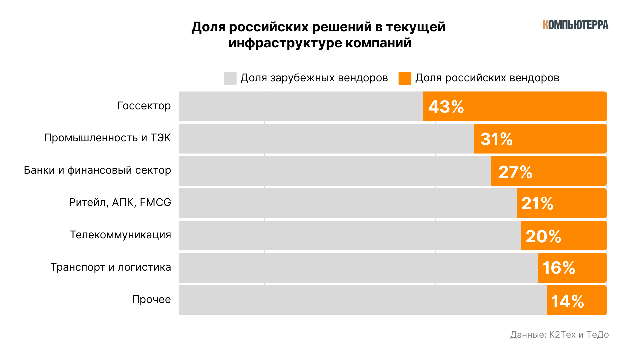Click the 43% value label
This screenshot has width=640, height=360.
[446, 107]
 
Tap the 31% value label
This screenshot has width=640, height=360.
[496, 139]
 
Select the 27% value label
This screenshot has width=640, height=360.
[515, 172]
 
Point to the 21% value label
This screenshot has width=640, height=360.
[537, 203]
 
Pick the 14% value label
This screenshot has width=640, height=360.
[567, 301]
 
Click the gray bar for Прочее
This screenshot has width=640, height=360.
[363, 300]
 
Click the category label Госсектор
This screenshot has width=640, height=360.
[144, 106]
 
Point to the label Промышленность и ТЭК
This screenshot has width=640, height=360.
[107, 138]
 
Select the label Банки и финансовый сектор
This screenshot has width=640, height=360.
[97, 170]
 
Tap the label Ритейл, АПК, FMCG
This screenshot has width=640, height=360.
[120, 202]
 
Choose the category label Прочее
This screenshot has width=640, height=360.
[151, 299]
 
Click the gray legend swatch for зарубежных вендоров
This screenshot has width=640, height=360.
[230, 78]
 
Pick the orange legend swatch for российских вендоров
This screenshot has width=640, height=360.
[405, 78]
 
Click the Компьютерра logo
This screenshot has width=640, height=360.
[575, 25]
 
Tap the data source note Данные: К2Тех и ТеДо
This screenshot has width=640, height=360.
[559, 335]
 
